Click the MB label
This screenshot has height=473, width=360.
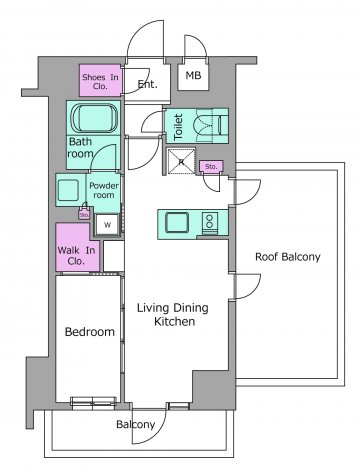click(x=193, y=75)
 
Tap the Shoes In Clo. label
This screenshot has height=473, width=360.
click(x=100, y=82)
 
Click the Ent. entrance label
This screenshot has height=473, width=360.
click(x=148, y=84)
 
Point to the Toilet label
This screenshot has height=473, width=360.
click(x=179, y=127)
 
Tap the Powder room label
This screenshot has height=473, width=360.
click(x=104, y=190)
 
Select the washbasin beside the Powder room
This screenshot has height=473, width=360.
click(x=68, y=190)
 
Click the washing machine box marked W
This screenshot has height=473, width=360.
click(x=107, y=224)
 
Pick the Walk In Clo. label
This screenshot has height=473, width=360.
click(x=76, y=256)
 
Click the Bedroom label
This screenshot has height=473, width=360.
click(x=90, y=332)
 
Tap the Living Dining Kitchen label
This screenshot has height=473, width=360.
click(x=173, y=314)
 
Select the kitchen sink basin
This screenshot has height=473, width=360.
click(x=177, y=222)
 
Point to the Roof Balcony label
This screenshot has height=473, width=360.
click(x=288, y=257)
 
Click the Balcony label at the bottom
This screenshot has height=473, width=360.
click(x=136, y=424)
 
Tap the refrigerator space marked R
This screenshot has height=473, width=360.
click(x=181, y=162)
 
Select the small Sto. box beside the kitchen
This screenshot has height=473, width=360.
click(x=211, y=166)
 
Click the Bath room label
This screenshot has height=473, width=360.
click(x=80, y=148)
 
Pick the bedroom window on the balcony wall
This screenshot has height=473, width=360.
click(x=94, y=403)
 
